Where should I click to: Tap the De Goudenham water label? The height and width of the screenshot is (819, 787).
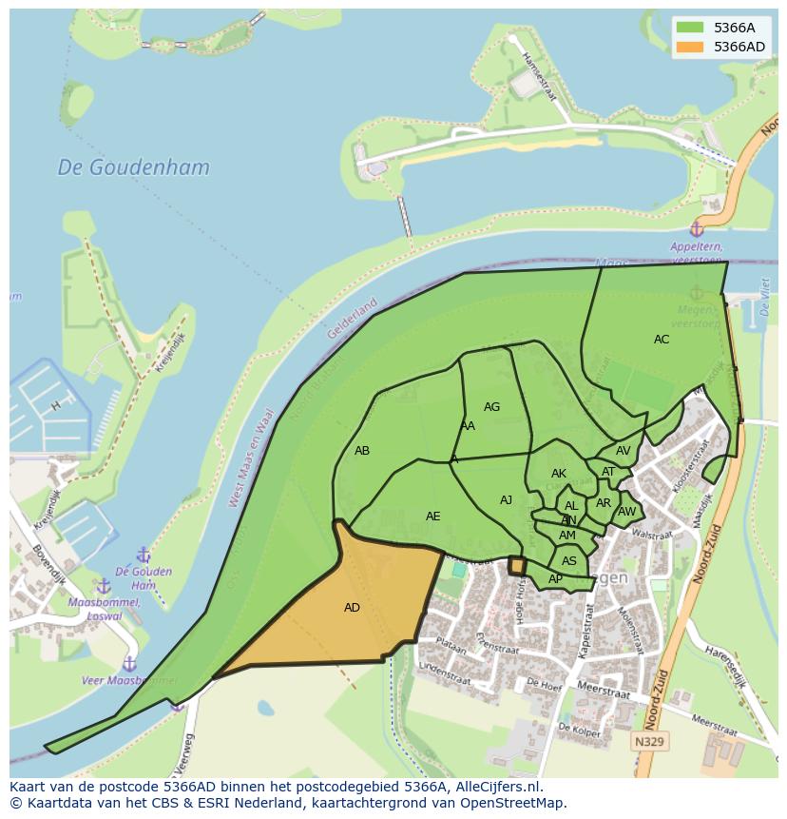tap(133, 167)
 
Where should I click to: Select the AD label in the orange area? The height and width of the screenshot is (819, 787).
tap(352, 608)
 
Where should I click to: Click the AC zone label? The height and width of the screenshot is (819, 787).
tap(662, 340)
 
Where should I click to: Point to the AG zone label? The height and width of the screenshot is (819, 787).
tap(491, 407)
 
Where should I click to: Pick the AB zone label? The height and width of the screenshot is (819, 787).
tap(362, 451)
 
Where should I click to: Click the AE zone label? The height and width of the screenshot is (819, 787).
tap(432, 517)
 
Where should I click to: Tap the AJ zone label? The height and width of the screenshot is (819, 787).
tap(506, 500)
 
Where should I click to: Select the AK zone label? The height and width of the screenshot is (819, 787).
tap(559, 474)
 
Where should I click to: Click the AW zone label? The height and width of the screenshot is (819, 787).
tap(626, 512)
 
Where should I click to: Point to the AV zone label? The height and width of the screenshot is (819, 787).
tap(623, 451)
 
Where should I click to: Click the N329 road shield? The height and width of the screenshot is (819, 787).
tap(650, 740)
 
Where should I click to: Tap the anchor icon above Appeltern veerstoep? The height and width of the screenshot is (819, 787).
tap(696, 229)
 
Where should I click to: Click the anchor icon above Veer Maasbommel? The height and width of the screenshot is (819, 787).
tap(129, 663)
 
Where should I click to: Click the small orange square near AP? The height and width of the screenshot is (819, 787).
tap(517, 566)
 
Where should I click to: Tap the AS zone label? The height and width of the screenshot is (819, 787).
tap(568, 561)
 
